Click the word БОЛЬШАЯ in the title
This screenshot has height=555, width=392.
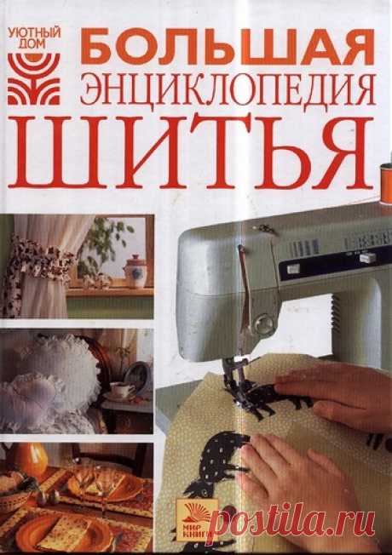pos(228,46)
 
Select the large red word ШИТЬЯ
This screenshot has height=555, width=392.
pos(191,152)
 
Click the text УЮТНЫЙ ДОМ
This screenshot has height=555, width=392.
pos(34,39)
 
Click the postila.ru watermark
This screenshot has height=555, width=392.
pos(295,521)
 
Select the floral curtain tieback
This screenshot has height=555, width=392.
pos(38,258)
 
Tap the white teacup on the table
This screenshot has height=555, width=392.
pos(122,391)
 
